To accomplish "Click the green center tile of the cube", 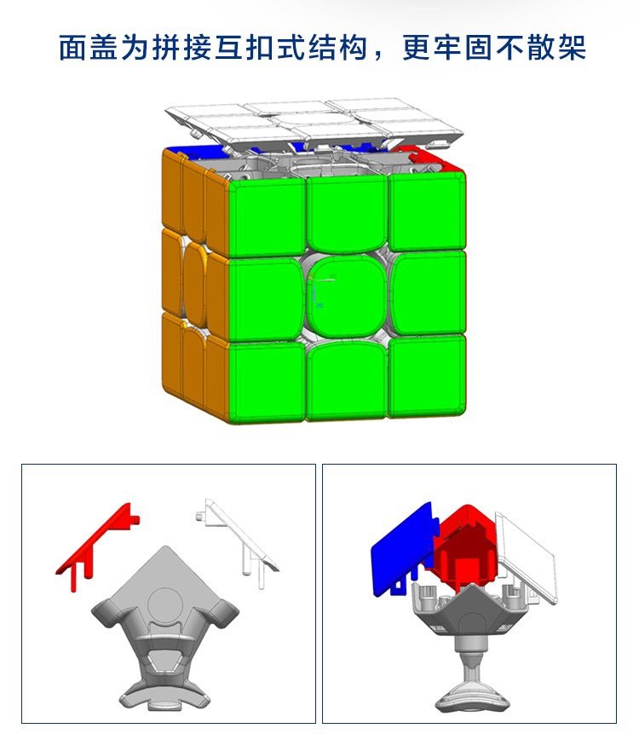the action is pyautogui.click(x=347, y=297).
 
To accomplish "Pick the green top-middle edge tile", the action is pyautogui.click(x=347, y=213).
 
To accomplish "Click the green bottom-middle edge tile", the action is pyautogui.click(x=347, y=379).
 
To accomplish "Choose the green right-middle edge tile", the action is pyautogui.click(x=428, y=293).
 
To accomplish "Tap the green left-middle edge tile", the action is pyautogui.click(x=267, y=298).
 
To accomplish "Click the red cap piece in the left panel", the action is pyautogui.click(x=97, y=546).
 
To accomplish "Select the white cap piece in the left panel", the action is pyautogui.click(x=236, y=542).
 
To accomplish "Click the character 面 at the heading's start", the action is pyautogui.click(x=72, y=47).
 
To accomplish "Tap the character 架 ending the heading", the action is pyautogui.click(x=572, y=47).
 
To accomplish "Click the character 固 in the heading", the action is pyautogui.click(x=478, y=47).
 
